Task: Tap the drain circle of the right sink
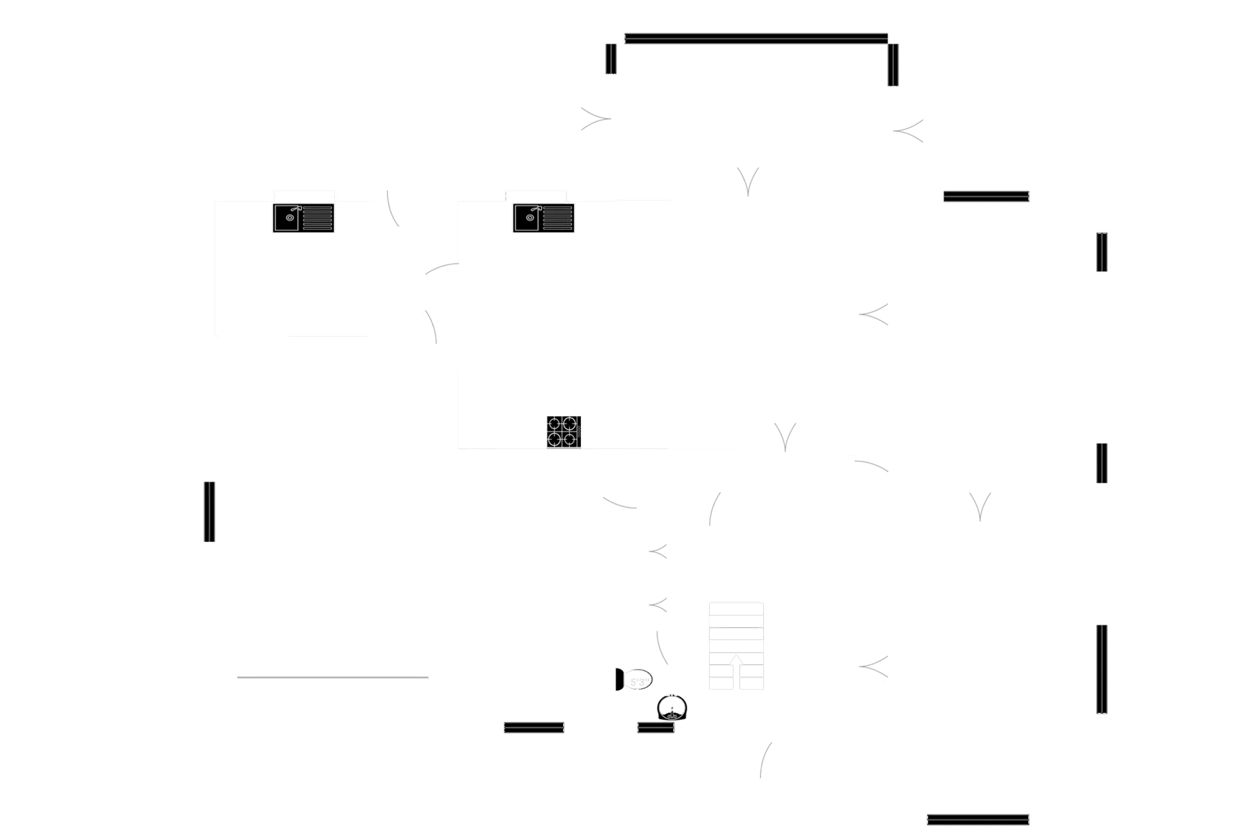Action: click(x=530, y=217)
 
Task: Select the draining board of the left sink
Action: click(x=317, y=218)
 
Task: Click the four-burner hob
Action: click(x=564, y=431)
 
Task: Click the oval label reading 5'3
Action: click(x=639, y=681)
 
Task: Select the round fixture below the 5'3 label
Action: click(x=673, y=708)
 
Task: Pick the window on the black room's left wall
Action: click(x=208, y=511)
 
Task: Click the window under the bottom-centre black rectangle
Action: click(x=534, y=727)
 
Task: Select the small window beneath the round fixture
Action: click(x=656, y=727)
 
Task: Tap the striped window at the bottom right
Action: click(x=978, y=818)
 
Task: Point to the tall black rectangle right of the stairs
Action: click(x=811, y=571)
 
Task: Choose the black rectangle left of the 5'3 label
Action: click(x=532, y=697)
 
